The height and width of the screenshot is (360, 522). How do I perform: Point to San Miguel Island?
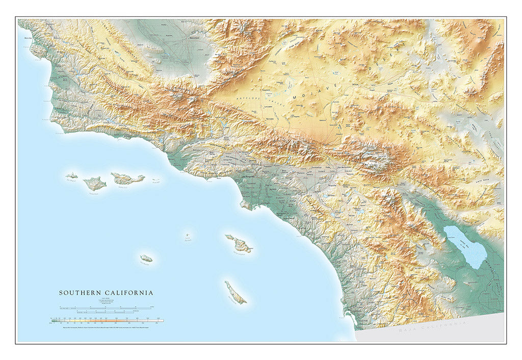tap(72, 175)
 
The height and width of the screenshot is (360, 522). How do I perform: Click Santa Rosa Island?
tap(95, 183)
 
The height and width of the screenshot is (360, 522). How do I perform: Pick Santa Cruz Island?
tap(127, 178)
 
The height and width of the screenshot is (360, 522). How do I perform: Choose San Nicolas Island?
tap(146, 259)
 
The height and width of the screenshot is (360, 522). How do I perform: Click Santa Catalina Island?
tap(239, 244)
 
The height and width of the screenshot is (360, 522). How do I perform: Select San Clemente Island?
tap(236, 292)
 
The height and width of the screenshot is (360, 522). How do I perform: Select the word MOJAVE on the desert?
tap(310, 93)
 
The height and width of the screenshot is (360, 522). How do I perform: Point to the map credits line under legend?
tap(107, 326)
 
